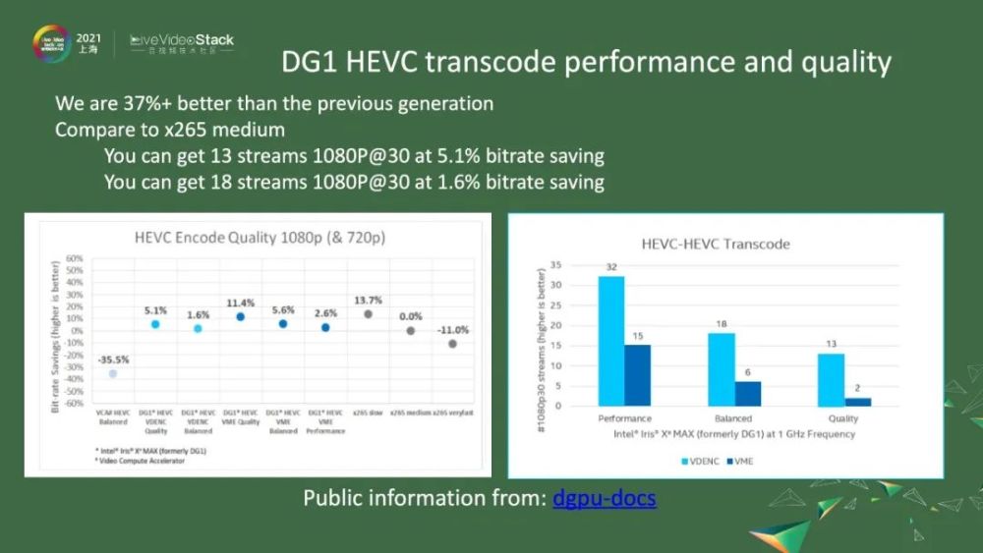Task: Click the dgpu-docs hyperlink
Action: (x=604, y=498)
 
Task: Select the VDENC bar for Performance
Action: (x=610, y=340)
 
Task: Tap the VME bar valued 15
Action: (x=637, y=374)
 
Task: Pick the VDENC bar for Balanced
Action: (x=721, y=368)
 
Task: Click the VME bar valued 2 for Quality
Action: (x=857, y=401)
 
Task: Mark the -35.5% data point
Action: (x=112, y=374)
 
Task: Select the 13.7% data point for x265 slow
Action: (x=368, y=314)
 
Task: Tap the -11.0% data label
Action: (x=453, y=330)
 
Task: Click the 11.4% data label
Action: (x=240, y=304)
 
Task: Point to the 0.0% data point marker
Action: (x=411, y=331)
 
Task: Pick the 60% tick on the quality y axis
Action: (x=74, y=258)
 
